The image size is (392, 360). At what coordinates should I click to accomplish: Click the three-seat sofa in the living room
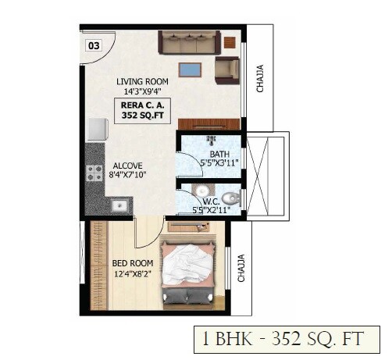[187, 41]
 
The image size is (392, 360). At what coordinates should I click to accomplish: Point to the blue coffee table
[189, 70]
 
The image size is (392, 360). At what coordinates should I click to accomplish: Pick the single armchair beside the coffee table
[227, 70]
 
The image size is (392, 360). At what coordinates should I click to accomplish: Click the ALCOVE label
[127, 166]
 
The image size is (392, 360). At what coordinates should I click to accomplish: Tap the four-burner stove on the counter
[94, 173]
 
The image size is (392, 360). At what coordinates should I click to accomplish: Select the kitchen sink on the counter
[119, 206]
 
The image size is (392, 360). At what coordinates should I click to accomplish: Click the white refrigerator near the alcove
[96, 129]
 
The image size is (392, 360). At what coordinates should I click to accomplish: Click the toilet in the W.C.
[229, 197]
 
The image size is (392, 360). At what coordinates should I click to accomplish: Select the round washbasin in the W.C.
[201, 190]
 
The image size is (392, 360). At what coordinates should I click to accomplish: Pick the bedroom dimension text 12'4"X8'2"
[128, 273]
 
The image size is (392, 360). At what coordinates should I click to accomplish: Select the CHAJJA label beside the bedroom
[241, 267]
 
